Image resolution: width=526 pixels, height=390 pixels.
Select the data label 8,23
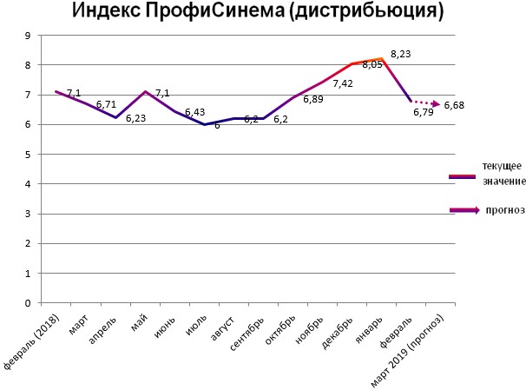(400, 54)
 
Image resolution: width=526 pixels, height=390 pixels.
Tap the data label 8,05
(372, 65)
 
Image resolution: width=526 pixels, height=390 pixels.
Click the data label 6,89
(312, 100)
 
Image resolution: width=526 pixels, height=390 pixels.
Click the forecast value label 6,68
(454, 106)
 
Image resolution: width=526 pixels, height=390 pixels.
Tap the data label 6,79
(424, 111)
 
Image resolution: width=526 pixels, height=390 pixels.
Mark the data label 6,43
(195, 113)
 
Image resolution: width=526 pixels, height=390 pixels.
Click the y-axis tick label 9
(29, 36)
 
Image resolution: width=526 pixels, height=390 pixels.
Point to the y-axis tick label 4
(29, 184)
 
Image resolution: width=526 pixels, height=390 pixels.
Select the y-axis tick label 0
(29, 303)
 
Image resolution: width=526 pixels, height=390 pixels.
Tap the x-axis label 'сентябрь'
(247, 333)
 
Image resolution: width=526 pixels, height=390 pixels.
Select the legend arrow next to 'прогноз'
(464, 210)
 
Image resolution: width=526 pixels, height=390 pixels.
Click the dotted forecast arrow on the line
(424, 102)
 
